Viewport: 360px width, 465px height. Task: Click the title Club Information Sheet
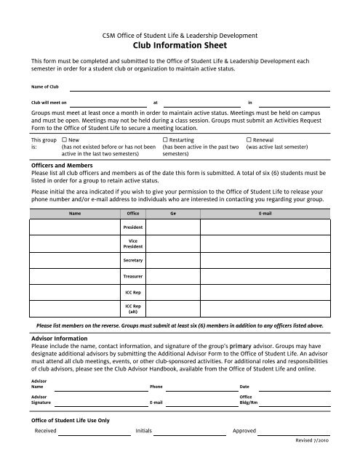coord(180,44)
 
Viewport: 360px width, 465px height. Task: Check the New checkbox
coord(65,138)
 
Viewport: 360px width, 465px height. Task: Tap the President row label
coord(133,228)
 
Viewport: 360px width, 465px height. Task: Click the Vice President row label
coord(133,243)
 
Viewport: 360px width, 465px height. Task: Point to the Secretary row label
coord(133,260)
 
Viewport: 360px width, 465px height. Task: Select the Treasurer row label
coord(133,277)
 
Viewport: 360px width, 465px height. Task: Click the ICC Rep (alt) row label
coord(133,310)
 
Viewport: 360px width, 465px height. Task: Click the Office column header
coord(133,214)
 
